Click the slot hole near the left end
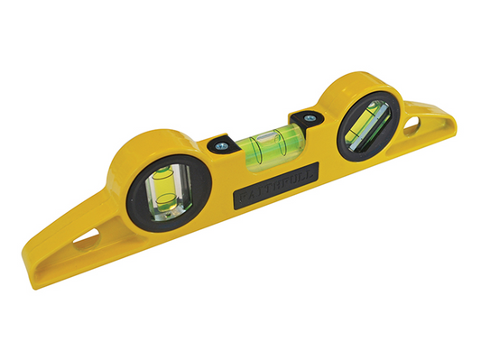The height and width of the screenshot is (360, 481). click(x=88, y=243)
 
